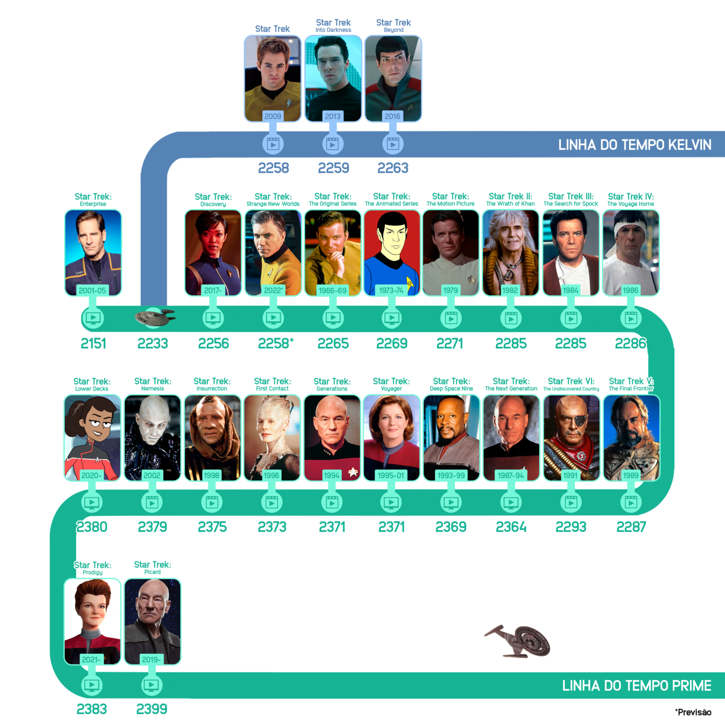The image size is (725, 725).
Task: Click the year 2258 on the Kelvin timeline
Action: (x=273, y=168)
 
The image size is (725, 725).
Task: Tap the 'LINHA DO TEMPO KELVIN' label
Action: (x=635, y=145)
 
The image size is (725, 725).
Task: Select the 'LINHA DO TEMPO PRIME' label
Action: (x=637, y=686)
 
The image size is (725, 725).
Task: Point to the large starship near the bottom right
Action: (x=518, y=641)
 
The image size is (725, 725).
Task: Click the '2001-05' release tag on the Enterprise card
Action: (x=93, y=290)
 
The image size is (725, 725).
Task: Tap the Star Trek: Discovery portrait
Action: (x=213, y=253)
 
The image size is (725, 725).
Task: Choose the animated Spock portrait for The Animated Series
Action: (x=392, y=253)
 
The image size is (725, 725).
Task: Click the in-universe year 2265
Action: (x=333, y=344)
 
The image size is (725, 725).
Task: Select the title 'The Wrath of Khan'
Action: (x=511, y=204)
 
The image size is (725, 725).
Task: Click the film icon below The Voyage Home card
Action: (x=631, y=318)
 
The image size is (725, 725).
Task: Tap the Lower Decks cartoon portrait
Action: (x=93, y=438)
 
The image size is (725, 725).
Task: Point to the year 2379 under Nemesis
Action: (x=152, y=527)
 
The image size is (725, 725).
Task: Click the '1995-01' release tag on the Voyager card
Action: (x=391, y=475)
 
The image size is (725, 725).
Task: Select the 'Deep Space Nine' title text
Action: (x=451, y=389)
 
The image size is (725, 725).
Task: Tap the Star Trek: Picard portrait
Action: (x=152, y=622)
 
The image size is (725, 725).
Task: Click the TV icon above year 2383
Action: (x=92, y=685)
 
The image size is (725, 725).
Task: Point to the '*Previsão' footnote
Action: (x=693, y=712)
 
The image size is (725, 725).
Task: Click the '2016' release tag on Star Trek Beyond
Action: (x=392, y=116)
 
